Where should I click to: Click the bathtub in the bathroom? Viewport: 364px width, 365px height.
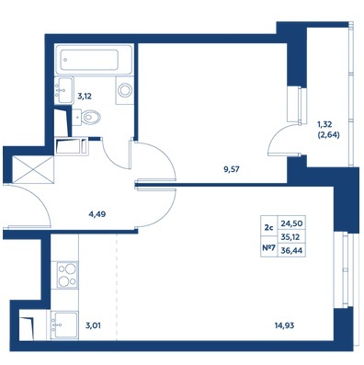[94, 60]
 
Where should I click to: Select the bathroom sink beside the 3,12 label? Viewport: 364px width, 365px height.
[63, 90]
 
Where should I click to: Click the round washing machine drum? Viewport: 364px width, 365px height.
[125, 90]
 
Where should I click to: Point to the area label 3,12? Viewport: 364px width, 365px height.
[85, 97]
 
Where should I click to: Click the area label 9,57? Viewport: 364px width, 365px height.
[232, 169]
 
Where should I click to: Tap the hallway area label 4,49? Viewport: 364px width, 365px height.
[97, 214]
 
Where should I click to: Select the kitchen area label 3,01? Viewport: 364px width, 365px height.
[93, 325]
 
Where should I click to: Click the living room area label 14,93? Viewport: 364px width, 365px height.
[284, 325]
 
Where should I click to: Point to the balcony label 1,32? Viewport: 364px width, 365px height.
[324, 124]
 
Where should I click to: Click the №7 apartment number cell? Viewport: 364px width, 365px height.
[268, 247]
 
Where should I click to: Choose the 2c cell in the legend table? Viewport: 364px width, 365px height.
[268, 227]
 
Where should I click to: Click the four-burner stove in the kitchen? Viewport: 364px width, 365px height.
[64, 275]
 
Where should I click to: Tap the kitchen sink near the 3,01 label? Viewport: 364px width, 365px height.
[64, 325]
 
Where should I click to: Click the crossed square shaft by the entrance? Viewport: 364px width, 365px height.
[33, 169]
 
